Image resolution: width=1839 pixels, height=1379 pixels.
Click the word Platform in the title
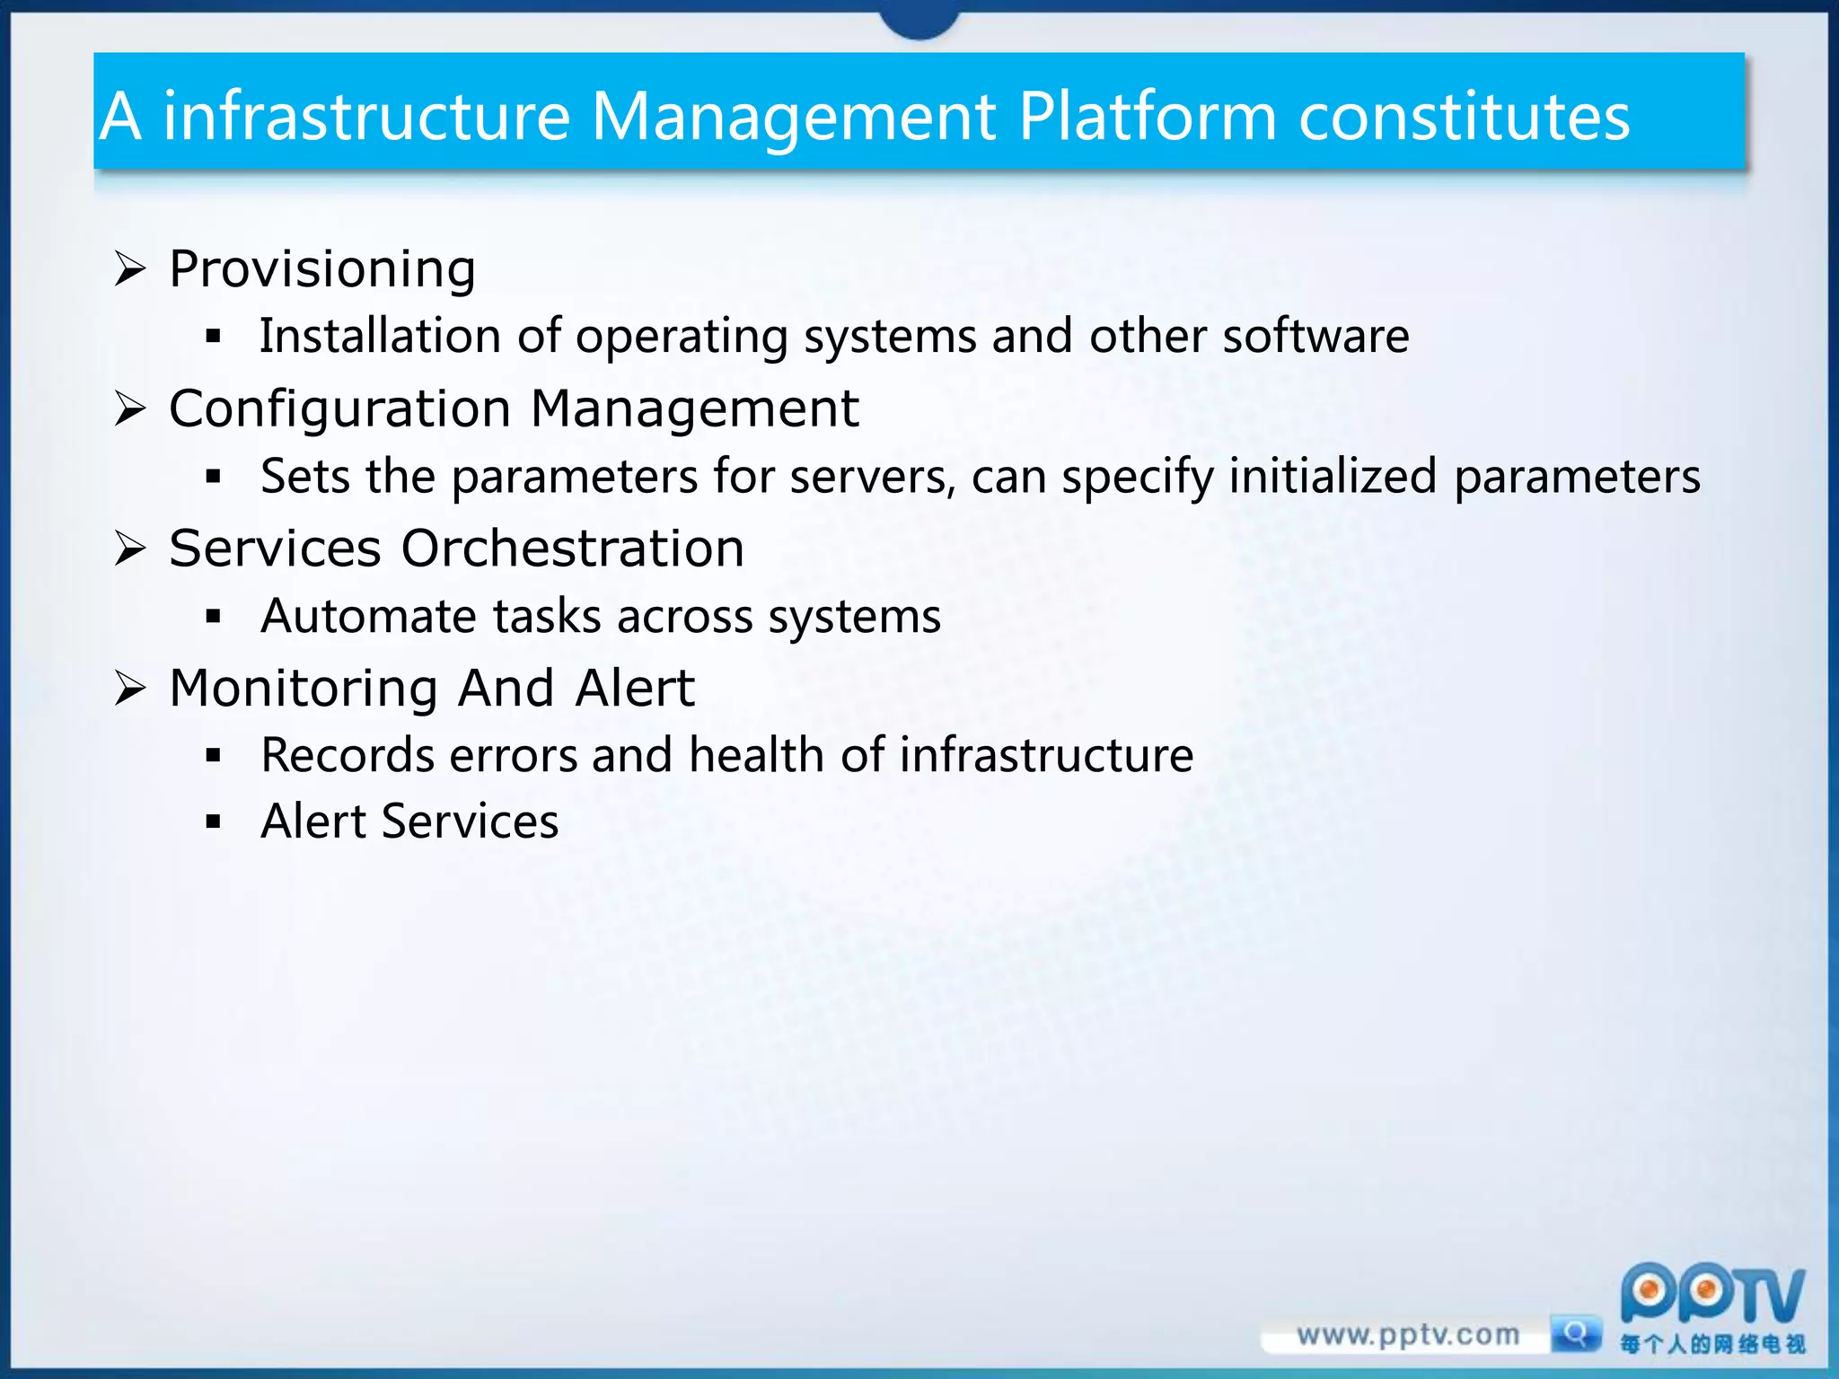(x=1147, y=117)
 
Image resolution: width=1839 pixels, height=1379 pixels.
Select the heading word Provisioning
(x=322, y=269)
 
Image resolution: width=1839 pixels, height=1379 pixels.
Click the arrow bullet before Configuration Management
(x=130, y=409)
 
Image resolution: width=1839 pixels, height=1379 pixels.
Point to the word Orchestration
(x=572, y=549)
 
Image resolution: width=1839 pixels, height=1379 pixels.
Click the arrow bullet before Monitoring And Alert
(x=130, y=689)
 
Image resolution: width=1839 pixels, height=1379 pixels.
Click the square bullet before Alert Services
(x=213, y=821)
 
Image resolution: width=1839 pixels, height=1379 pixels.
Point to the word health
(x=756, y=755)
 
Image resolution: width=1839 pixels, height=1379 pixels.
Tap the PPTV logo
(x=1711, y=1295)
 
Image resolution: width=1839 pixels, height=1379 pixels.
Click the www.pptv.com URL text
(x=1407, y=1335)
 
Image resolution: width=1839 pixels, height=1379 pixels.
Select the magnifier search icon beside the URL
(x=1576, y=1334)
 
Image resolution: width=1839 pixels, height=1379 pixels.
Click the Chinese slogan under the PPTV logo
(x=1711, y=1344)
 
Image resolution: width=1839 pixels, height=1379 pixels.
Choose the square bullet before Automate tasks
(x=213, y=617)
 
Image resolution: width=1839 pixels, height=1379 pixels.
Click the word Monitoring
(x=304, y=689)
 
